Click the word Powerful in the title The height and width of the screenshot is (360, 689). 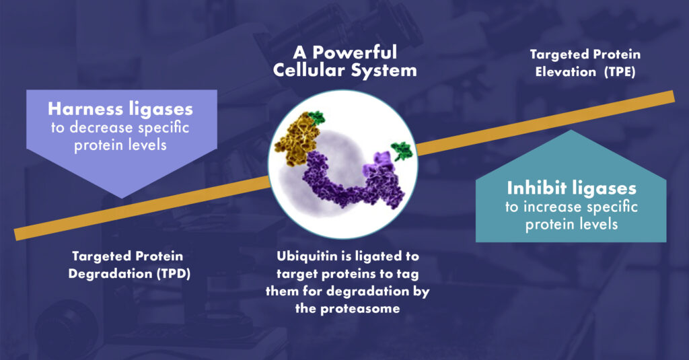click(x=355, y=52)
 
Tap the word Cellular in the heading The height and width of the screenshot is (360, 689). click(x=306, y=71)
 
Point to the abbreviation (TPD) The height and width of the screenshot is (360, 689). click(x=174, y=274)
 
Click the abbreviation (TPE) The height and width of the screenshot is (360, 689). click(x=620, y=71)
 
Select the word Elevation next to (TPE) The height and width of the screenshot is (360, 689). click(x=565, y=71)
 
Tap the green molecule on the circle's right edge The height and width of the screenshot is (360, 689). click(x=402, y=150)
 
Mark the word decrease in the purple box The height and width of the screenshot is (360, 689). click(x=101, y=127)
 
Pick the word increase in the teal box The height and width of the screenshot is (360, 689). click(x=553, y=207)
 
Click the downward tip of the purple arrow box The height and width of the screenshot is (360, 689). click(x=122, y=198)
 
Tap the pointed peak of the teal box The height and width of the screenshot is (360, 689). click(x=571, y=131)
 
